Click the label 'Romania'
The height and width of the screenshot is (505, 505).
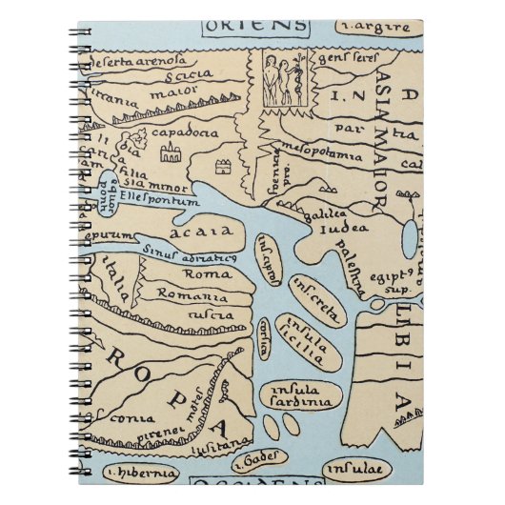(198, 293)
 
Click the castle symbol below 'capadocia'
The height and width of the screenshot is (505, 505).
(172, 152)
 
